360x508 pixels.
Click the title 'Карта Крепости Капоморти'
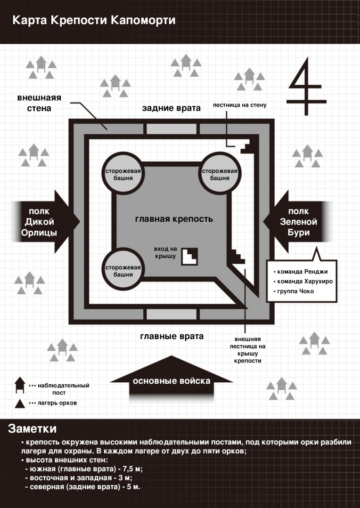94,20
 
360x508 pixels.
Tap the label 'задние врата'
171,108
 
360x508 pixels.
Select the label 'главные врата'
172,336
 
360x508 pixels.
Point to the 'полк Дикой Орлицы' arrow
45,222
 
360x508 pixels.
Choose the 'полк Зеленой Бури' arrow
297,222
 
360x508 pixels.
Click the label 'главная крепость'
174,219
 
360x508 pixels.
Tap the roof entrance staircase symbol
189,257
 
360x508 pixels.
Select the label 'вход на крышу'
165,252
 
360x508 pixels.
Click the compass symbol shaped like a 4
306,87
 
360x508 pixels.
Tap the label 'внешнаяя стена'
39,103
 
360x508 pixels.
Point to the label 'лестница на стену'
240,105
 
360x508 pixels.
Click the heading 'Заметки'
32,428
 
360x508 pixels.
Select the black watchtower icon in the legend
20,385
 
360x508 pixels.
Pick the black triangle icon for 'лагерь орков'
20,403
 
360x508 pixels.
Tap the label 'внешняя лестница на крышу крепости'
248,350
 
